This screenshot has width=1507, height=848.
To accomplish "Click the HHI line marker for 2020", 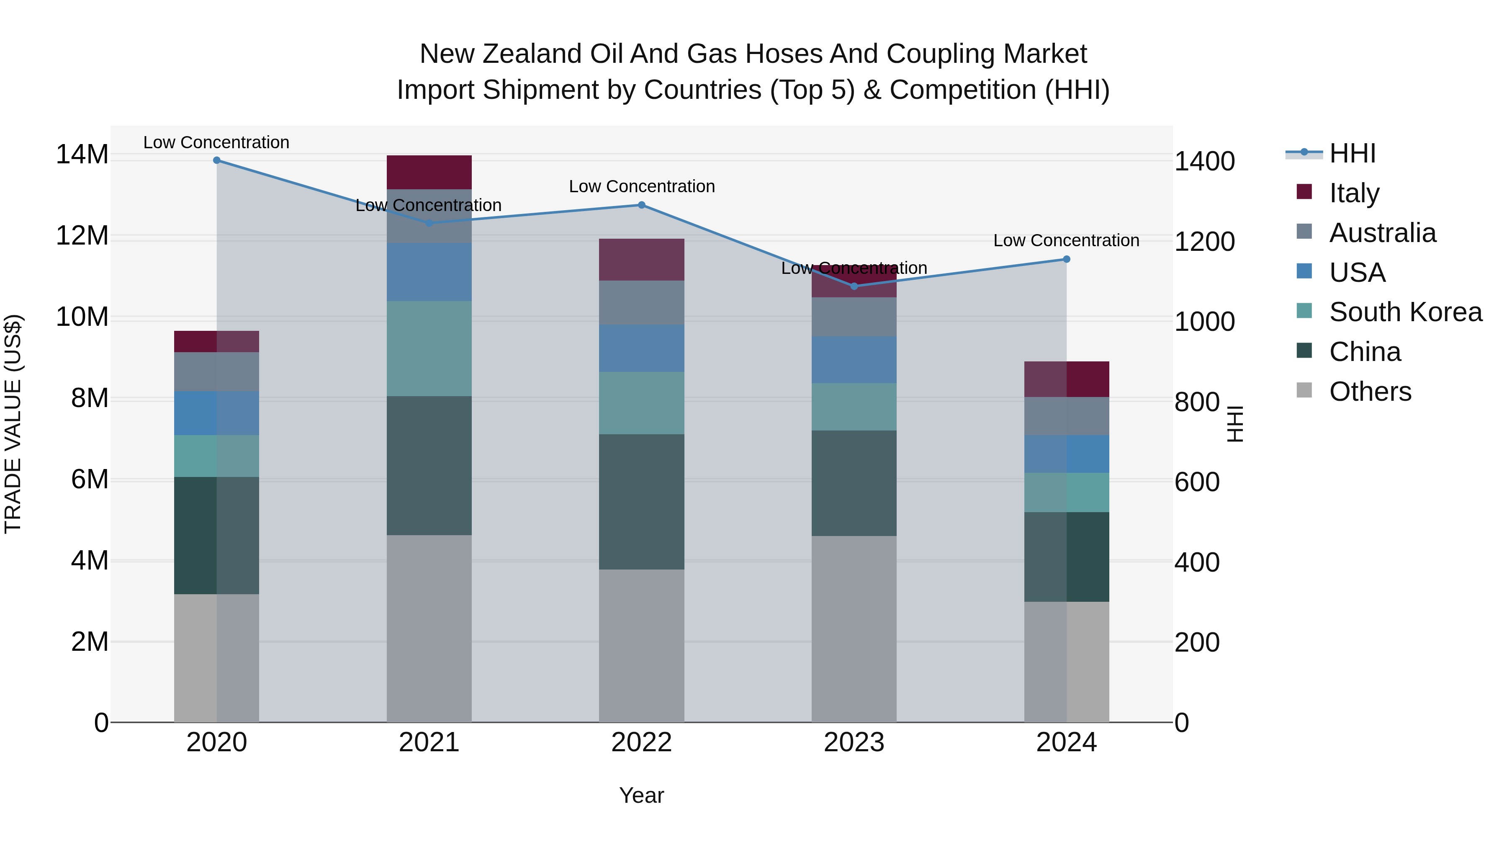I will pos(216,160).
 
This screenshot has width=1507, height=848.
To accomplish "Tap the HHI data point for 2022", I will pos(641,205).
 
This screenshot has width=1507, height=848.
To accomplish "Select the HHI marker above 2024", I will pos(1066,259).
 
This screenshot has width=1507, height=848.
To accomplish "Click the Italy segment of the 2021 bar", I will pos(429,172).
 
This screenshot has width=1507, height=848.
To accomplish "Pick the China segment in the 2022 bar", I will pos(641,502).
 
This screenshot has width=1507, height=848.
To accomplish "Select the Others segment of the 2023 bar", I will pos(854,629).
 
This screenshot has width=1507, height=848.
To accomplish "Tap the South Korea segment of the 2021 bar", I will pos(429,348).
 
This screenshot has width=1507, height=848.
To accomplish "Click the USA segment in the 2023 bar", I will pos(854,359).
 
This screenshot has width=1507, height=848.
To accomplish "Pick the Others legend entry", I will pos(1370,392).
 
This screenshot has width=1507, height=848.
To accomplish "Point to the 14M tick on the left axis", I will pos(82,155).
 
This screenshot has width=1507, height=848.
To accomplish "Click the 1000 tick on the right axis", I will pos(1204,322).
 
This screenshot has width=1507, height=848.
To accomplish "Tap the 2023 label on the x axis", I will pos(854,742).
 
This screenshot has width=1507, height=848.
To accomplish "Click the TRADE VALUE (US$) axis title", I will pos(13,424).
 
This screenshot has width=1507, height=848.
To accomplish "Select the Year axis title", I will pos(641,795).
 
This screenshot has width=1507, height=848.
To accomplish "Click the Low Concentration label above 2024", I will pos(1066,240).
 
